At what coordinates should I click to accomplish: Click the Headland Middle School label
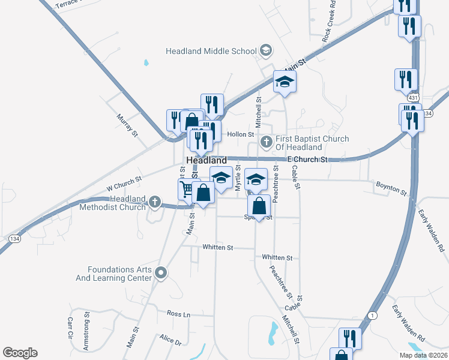click(x=211, y=51)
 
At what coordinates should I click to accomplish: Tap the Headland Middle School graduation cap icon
click(x=265, y=51)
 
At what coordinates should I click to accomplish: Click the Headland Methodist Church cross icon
click(x=155, y=202)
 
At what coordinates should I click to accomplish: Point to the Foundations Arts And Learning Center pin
click(x=160, y=274)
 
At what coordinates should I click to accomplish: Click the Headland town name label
click(x=206, y=161)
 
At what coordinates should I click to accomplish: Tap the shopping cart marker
click(x=187, y=190)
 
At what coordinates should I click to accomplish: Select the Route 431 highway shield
click(x=412, y=97)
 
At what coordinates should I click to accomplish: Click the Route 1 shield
click(x=373, y=316)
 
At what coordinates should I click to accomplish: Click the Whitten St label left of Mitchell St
click(x=217, y=247)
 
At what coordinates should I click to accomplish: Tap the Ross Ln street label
click(x=178, y=314)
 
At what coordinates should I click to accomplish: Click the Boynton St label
click(x=391, y=188)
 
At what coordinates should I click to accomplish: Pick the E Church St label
click(x=307, y=160)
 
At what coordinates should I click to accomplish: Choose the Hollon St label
click(x=241, y=134)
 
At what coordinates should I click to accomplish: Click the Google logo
click(x=20, y=353)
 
